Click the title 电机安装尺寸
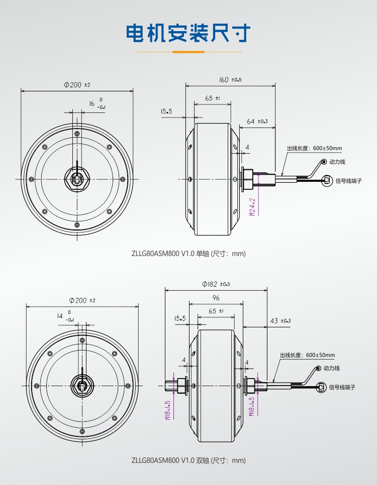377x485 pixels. (189, 33)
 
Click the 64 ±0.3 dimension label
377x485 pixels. (257, 121)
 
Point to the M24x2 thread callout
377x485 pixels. (253, 206)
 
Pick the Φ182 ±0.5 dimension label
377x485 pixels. (216, 284)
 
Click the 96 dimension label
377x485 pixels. (216, 298)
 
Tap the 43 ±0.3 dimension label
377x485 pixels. (280, 320)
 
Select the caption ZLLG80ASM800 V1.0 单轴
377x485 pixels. (189, 254)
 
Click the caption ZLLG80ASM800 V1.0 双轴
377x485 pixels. (189, 460)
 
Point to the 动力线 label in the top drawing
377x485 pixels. (338, 162)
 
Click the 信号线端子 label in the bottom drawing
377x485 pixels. (342, 388)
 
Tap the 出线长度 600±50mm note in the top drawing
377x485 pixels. (314, 148)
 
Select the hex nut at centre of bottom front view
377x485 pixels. (81, 386)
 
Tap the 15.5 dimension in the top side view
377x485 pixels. (166, 111)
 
